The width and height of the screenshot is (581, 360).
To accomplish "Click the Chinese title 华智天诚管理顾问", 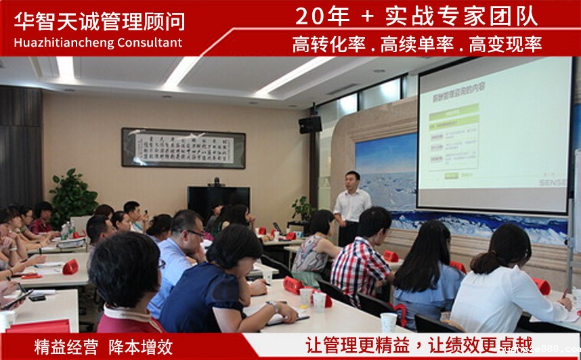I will (x=100, y=21).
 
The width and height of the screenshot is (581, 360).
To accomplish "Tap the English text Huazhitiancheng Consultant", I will (x=98, y=43).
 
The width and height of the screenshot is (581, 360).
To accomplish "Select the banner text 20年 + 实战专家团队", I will (x=416, y=15).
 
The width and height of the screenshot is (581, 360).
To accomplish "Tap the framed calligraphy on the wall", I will (x=183, y=148).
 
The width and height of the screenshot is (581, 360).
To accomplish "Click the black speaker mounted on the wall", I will (x=310, y=125).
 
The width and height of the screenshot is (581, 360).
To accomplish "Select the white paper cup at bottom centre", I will (x=388, y=322).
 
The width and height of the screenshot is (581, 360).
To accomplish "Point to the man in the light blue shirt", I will (x=177, y=257).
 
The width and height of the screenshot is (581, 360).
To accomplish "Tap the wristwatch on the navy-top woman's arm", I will (x=274, y=306).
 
